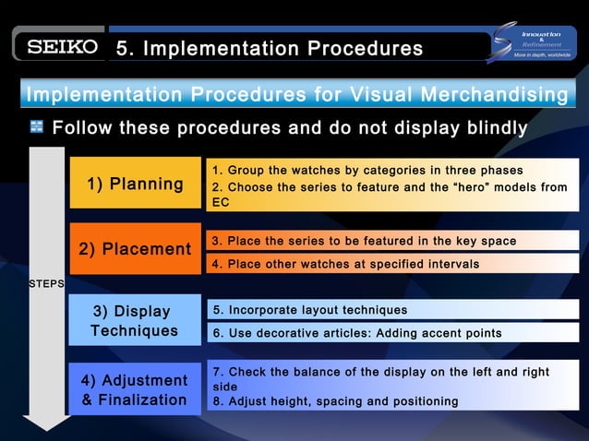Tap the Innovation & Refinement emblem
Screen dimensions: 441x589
[536, 42]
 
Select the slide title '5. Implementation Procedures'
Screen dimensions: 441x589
[270, 48]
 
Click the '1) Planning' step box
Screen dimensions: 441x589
[135, 185]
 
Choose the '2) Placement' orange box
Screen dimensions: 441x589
[135, 249]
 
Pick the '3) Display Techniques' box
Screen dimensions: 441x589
[135, 320]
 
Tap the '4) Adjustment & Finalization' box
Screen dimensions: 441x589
[135, 389]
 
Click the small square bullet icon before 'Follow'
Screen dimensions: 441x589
[36, 127]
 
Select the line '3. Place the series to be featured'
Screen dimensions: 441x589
[364, 241]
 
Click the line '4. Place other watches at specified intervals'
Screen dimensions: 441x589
[345, 264]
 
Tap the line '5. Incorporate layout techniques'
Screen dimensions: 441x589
[310, 309]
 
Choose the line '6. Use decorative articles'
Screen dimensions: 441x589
[357, 332]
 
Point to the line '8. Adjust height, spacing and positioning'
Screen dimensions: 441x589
[335, 401]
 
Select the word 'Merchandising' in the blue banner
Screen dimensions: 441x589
[496, 95]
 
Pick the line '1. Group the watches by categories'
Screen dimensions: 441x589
[367, 171]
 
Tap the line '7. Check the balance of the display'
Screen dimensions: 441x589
[381, 372]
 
